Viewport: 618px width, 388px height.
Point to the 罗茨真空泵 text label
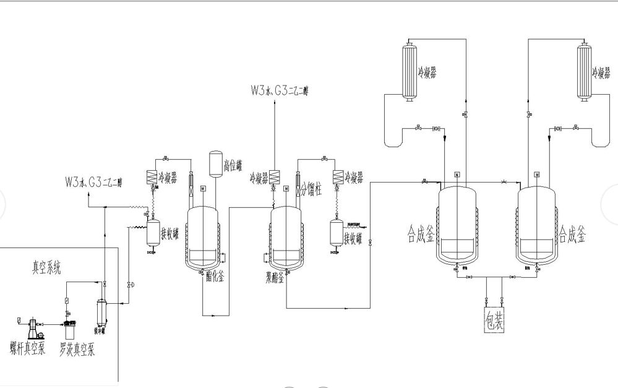pyautogui.click(x=77, y=350)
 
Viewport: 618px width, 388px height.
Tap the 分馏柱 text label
pyautogui.click(x=311, y=191)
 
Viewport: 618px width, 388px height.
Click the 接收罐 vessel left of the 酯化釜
pyautogui.click(x=152, y=233)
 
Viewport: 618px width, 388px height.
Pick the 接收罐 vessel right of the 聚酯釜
pyautogui.click(x=337, y=233)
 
